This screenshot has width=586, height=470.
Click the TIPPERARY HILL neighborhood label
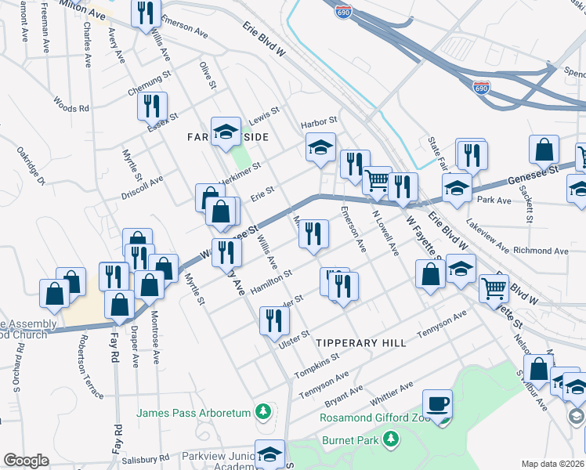point(361,343)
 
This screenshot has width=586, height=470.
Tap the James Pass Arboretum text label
point(194,413)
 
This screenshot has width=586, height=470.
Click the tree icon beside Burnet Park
point(391,442)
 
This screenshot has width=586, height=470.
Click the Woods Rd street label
point(71,104)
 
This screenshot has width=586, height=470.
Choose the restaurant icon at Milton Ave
point(146,14)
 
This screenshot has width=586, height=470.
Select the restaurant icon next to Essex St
point(152,106)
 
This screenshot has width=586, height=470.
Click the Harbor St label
point(319,121)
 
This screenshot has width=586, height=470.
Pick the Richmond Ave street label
point(540,251)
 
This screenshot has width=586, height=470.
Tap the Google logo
point(26,461)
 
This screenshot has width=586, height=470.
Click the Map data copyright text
point(553,464)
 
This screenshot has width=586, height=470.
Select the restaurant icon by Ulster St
point(274,320)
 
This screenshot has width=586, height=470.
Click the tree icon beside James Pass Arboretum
point(264,412)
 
